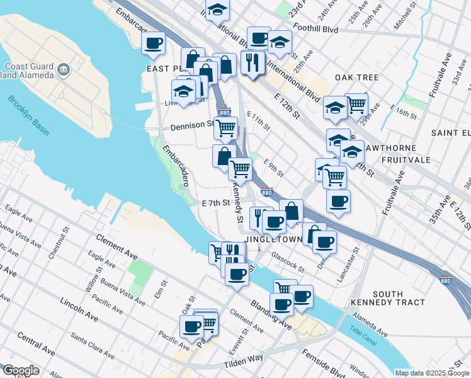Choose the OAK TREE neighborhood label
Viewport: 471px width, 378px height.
[x=356, y=77]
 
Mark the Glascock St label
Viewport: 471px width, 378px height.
[x=288, y=261]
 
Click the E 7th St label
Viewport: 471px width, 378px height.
[x=214, y=203]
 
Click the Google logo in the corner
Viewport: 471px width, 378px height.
[x=21, y=370]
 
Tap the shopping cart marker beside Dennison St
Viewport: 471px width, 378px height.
[x=225, y=128]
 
